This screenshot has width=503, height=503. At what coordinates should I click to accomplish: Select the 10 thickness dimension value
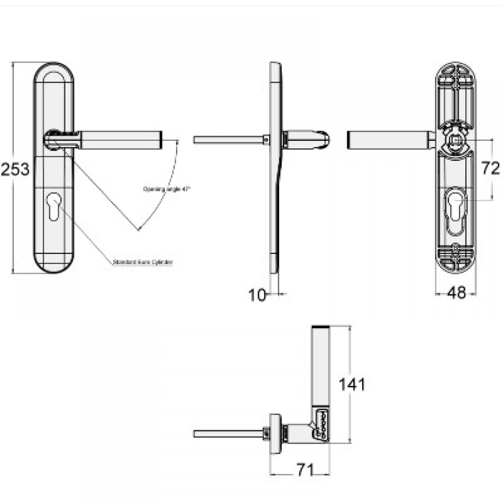(x=257, y=295)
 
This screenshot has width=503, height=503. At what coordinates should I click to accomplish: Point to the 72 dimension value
(x=490, y=169)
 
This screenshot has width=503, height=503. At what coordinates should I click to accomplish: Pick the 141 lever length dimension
(x=352, y=385)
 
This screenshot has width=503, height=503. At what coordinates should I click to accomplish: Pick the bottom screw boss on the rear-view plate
(x=456, y=250)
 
